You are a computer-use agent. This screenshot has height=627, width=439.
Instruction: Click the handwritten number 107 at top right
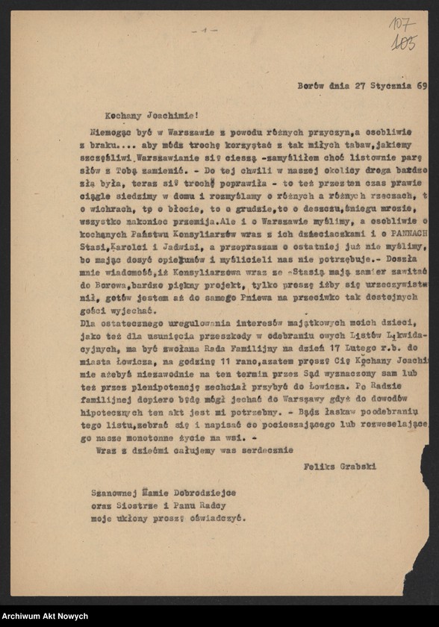click(403, 25)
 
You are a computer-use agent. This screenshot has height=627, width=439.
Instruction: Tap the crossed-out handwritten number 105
click(403, 44)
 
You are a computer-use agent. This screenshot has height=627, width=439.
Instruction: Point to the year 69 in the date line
click(421, 86)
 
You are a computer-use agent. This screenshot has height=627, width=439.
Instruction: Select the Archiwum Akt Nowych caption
click(45, 616)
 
